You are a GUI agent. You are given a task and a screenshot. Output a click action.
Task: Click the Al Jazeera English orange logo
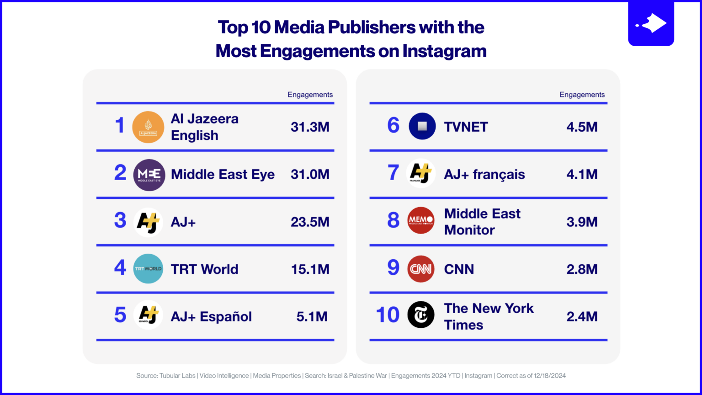click(148, 127)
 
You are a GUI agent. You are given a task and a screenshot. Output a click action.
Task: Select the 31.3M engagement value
click(310, 127)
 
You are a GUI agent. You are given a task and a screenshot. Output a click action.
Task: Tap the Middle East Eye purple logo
click(149, 175)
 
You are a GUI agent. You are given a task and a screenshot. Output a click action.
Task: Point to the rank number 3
click(120, 221)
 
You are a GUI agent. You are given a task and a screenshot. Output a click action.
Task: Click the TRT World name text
click(204, 269)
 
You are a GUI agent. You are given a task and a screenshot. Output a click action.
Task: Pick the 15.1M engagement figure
click(310, 269)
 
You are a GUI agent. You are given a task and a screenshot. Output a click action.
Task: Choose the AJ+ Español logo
click(148, 315)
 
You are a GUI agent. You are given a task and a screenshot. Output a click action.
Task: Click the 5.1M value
click(312, 316)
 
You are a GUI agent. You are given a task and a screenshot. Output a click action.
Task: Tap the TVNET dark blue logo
click(422, 126)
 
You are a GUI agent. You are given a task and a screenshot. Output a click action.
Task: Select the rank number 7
click(393, 173)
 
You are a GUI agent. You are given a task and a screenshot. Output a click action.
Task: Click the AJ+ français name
click(484, 175)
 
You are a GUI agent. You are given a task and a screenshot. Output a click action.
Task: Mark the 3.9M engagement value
click(582, 222)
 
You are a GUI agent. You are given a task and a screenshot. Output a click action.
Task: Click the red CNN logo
click(420, 269)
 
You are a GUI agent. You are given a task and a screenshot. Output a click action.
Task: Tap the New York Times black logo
click(420, 315)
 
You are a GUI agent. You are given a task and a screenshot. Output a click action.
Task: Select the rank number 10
click(388, 315)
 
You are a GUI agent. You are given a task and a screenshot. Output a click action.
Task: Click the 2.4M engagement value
click(582, 316)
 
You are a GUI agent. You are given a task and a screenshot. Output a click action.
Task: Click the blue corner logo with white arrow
click(651, 24)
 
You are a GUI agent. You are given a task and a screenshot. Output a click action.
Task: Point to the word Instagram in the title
click(444, 51)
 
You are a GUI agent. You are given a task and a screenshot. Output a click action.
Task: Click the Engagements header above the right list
click(582, 95)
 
